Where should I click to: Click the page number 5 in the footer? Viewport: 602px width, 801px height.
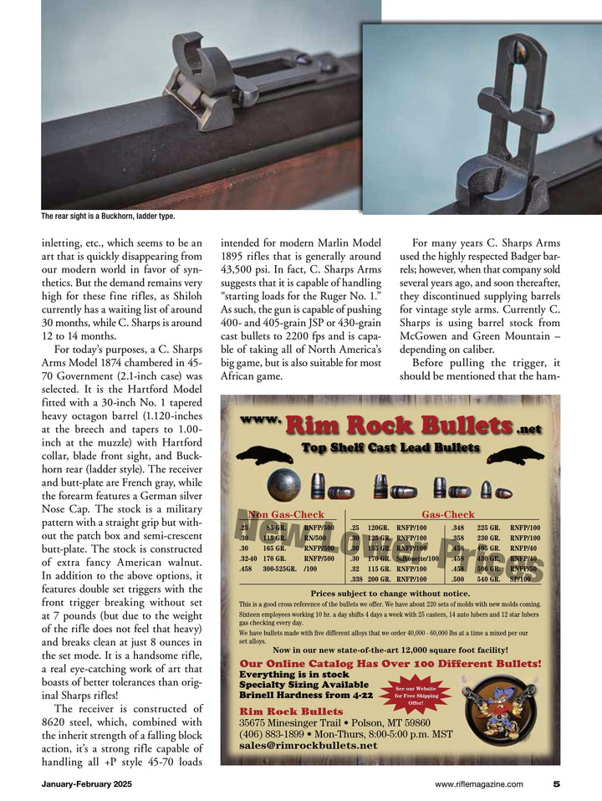tap(556, 783)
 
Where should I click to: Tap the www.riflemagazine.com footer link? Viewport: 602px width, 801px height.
tap(479, 783)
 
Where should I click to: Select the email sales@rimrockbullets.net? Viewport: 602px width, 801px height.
tap(308, 745)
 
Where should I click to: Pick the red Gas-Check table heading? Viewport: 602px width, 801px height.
tap(447, 515)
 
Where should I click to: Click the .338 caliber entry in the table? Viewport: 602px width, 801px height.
tap(357, 579)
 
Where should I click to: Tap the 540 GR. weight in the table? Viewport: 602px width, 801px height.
tap(488, 579)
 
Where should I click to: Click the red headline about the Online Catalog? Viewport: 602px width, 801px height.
tap(390, 664)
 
